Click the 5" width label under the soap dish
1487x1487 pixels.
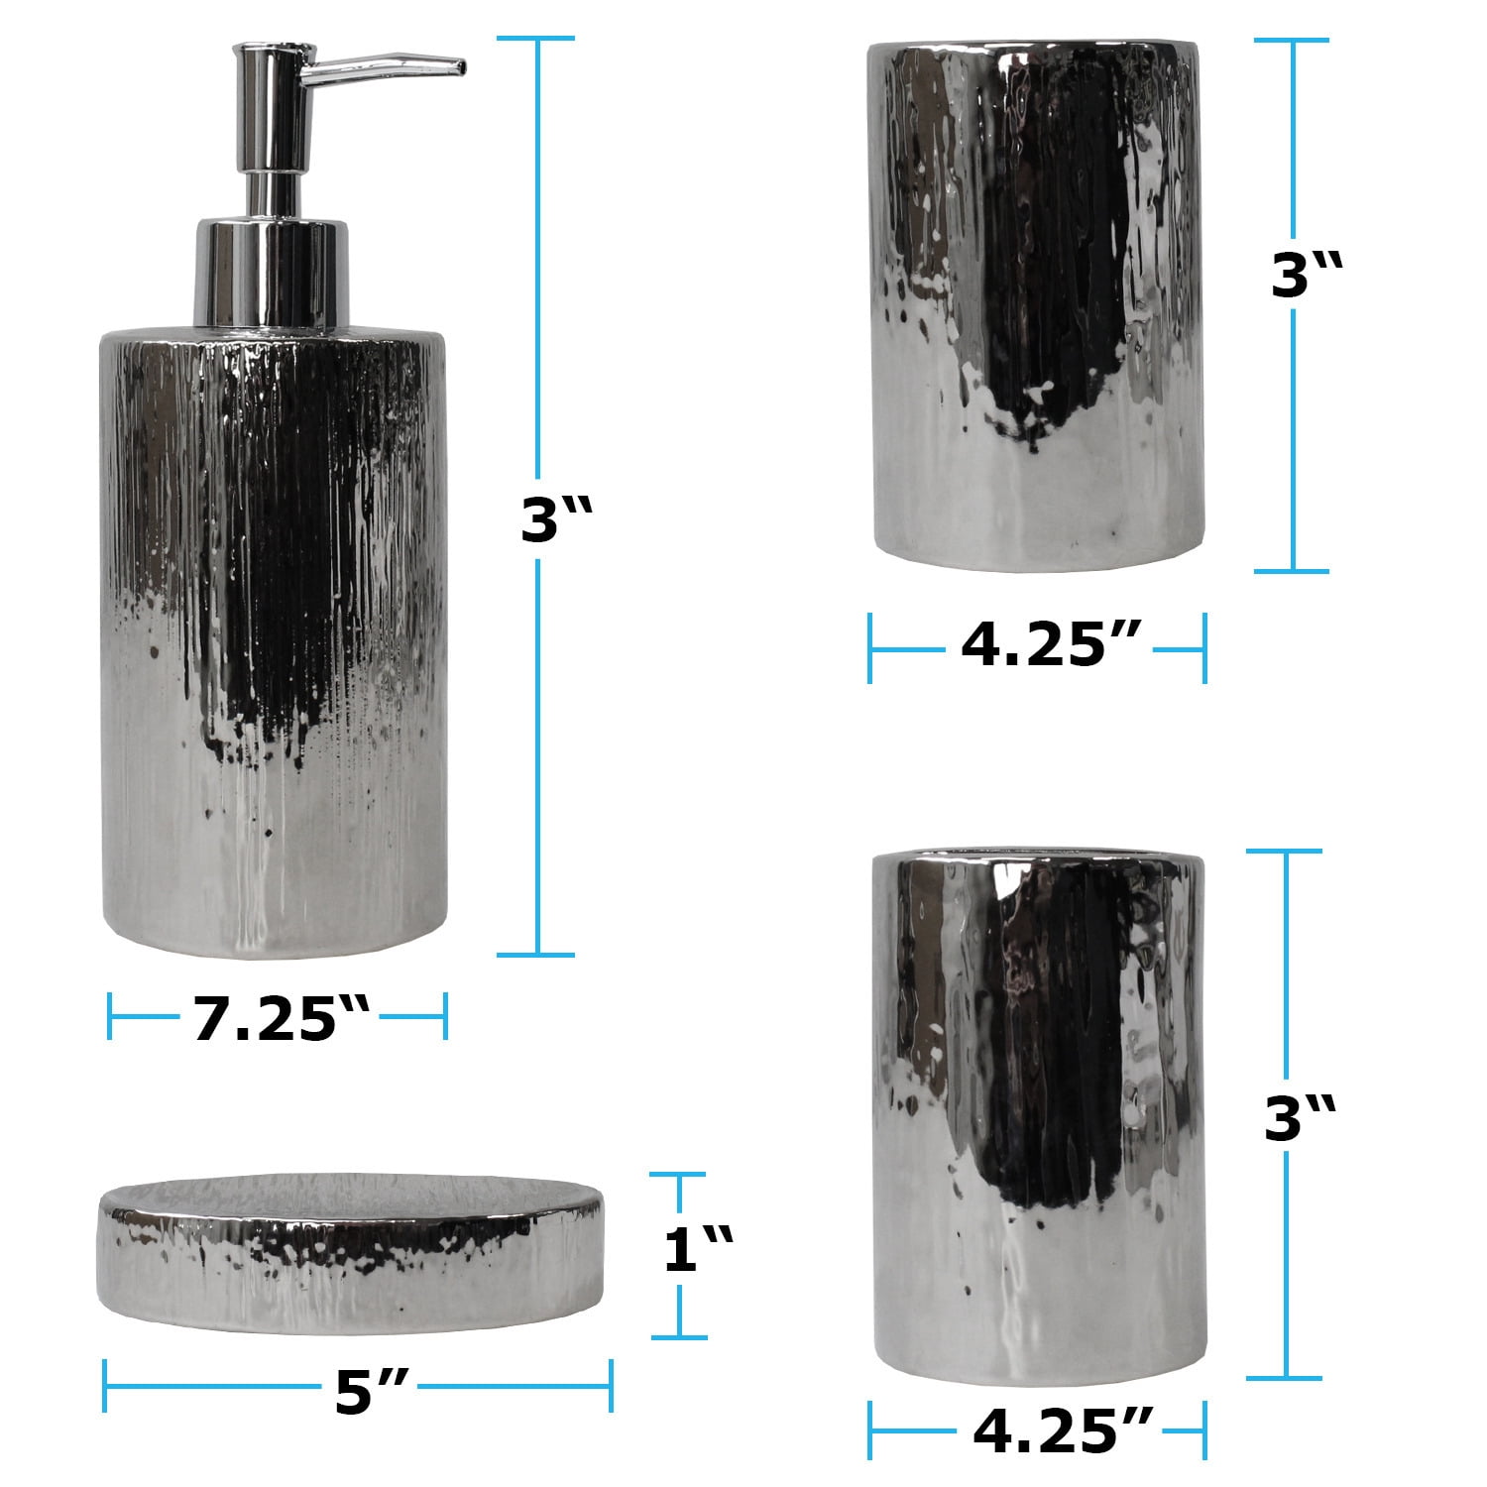click(367, 1393)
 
